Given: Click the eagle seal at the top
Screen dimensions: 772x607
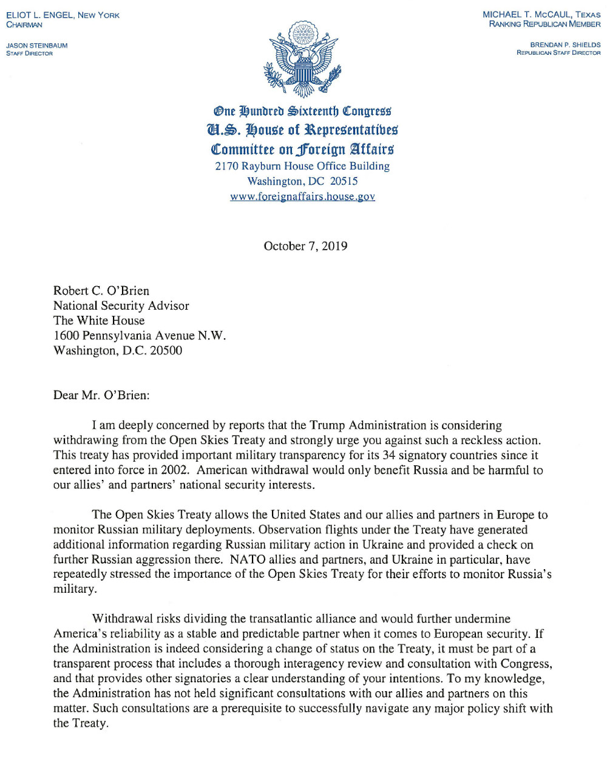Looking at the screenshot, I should click(302, 60).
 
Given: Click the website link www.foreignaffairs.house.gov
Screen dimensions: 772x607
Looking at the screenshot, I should click(302, 197).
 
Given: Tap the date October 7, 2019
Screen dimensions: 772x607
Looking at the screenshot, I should click(305, 246).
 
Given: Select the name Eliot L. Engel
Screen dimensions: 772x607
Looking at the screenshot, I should click(41, 15).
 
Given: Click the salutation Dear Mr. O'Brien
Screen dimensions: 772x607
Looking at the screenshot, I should click(101, 395).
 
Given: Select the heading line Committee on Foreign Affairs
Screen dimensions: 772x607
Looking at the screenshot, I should click(302, 149).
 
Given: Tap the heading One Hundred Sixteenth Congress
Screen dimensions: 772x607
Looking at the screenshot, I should click(302, 111).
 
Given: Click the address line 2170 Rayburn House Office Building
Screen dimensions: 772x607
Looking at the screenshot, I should click(302, 166).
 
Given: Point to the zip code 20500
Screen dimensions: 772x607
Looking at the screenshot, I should click(166, 350).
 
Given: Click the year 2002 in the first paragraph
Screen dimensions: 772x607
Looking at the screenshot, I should click(176, 470).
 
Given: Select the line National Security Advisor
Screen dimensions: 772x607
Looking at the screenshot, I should click(121, 306).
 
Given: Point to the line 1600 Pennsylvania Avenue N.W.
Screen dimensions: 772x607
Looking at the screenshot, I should click(140, 336).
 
